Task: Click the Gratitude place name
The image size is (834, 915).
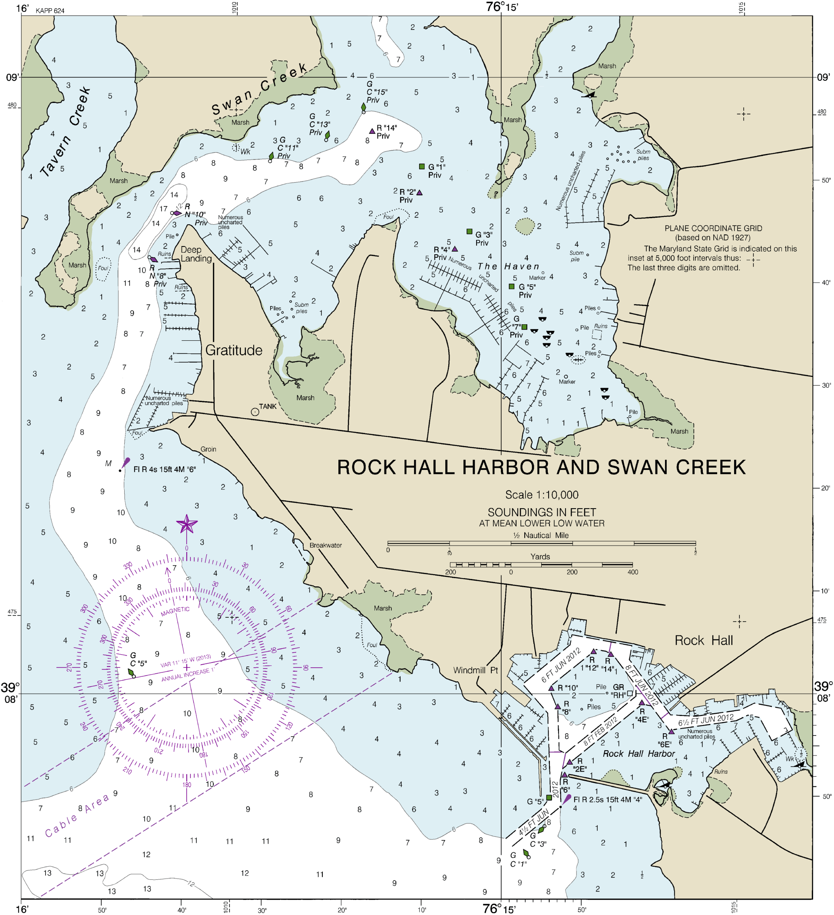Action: coord(234,350)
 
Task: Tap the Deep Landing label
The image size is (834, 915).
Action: coord(196,254)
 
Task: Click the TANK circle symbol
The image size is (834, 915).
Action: coord(255,412)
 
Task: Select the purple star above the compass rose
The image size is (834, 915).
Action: coord(186,525)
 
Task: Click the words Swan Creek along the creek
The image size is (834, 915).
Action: coord(259,90)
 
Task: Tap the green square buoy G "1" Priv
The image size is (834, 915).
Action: coord(422,166)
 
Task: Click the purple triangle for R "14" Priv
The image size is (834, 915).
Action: coord(372,131)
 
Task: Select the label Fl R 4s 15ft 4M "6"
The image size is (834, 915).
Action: coord(164,470)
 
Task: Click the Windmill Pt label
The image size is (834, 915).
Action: coord(475,670)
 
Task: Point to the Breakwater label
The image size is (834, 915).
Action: coord(326,546)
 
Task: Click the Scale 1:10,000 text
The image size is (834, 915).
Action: coord(542,495)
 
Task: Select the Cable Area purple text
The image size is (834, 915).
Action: coord(77,815)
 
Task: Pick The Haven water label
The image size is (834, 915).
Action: coord(508,267)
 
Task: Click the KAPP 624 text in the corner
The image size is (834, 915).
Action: coord(50,11)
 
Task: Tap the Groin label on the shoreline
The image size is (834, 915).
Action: coord(208,449)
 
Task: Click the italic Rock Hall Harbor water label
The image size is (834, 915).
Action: coord(639,754)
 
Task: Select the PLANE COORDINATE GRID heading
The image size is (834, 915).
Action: coord(713,229)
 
